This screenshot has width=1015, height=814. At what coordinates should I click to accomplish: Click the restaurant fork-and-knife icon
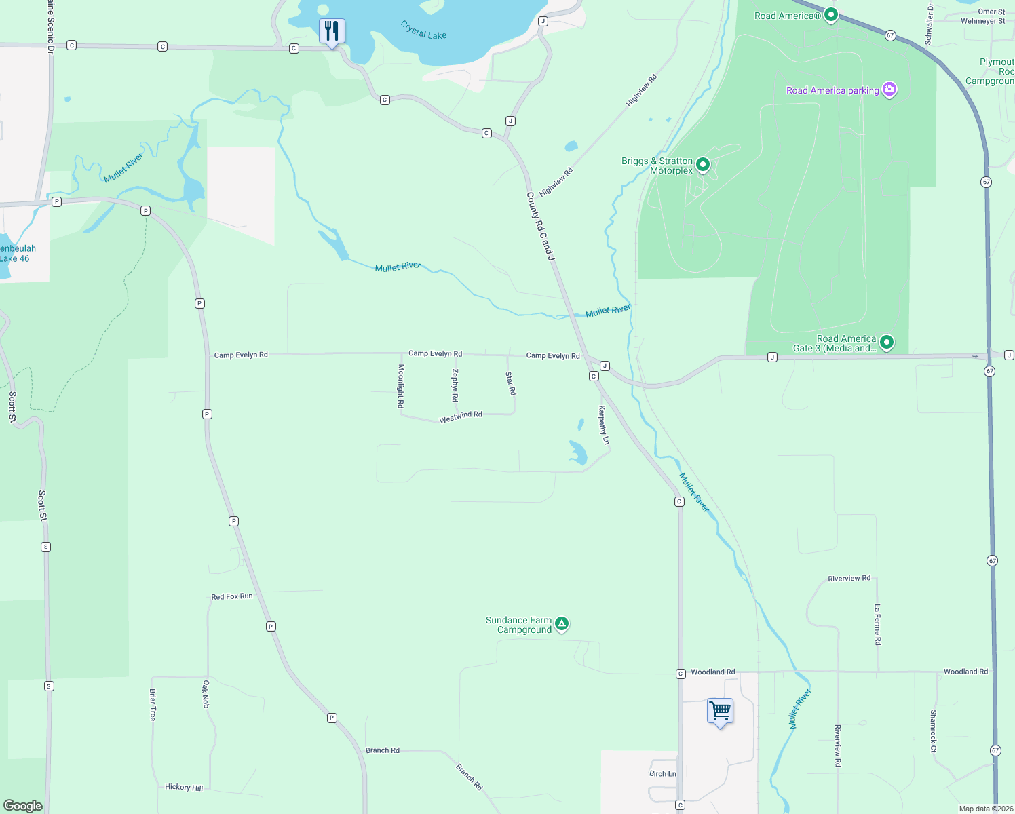coord(332,31)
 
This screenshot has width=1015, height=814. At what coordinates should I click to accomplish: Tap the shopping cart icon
coord(720,712)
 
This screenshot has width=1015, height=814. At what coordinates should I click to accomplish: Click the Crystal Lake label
coord(423,31)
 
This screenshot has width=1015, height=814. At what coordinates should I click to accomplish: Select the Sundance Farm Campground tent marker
coord(561,623)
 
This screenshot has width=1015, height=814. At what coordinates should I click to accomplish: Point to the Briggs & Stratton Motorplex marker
coord(703,164)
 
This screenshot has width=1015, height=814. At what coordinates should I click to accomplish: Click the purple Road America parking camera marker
coord(889,90)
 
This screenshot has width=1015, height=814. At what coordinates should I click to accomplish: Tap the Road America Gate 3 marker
coord(886,343)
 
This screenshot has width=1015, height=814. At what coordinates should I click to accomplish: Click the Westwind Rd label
coord(460,417)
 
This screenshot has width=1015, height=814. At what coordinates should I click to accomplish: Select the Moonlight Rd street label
coord(401,386)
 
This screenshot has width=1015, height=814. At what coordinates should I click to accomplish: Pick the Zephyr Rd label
coord(455,385)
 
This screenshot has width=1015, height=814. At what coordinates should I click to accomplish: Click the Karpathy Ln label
coord(604,425)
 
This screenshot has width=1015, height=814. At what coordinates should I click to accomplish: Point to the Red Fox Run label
coord(232,596)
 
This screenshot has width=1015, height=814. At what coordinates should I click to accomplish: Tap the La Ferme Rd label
coord(877,624)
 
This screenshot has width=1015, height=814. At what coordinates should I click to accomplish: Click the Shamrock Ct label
coord(934,731)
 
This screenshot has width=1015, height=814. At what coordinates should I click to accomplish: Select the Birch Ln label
coord(662,773)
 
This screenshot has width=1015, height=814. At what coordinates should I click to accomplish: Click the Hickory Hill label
coord(184,787)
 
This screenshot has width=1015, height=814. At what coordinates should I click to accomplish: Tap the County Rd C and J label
coord(541,227)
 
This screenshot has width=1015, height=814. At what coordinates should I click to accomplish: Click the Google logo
coord(23,806)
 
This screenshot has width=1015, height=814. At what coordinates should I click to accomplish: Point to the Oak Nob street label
coord(206,695)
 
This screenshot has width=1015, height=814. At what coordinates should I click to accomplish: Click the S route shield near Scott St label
coord(46,547)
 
